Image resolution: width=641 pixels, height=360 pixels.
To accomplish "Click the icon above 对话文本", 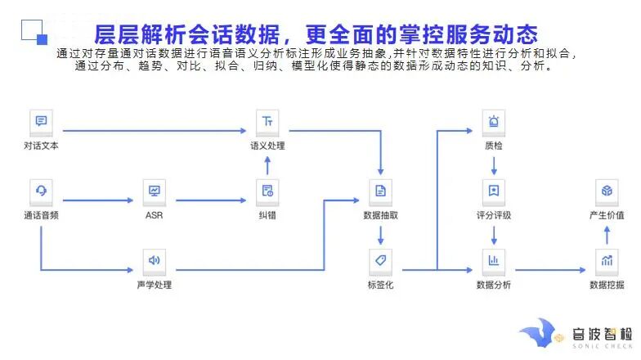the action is (41, 122).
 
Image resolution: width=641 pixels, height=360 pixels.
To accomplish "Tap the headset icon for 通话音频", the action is (41, 191).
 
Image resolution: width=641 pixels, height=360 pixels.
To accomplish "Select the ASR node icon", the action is (154, 191).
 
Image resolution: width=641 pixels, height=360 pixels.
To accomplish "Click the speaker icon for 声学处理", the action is (154, 261).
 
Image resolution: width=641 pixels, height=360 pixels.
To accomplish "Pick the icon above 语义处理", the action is (267, 122).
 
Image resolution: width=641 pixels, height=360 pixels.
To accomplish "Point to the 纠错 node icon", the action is (267, 191).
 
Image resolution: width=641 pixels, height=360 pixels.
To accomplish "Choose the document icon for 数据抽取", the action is (380, 191).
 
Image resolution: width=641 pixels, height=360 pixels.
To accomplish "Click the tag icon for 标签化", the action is (380, 261).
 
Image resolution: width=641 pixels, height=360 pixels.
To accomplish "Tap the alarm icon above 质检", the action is (494, 122).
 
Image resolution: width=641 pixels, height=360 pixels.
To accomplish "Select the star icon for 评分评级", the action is (494, 191).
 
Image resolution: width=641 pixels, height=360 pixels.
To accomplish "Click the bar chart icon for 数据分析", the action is (494, 261).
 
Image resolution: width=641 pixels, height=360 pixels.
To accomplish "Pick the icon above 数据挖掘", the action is (607, 261).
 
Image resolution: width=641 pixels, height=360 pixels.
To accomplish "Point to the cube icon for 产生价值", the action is (607, 191).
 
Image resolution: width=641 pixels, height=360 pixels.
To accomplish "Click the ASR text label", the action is (154, 215).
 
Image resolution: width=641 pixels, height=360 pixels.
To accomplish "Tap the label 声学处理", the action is (154, 285).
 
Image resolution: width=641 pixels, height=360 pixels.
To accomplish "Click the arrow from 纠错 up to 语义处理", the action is (267, 164).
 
